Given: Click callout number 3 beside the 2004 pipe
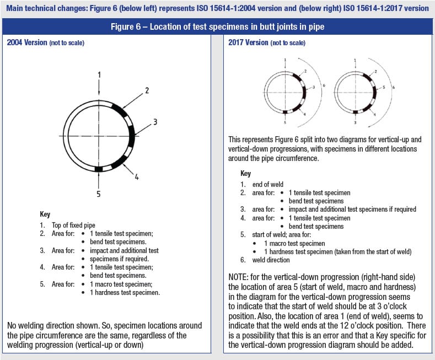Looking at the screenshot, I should (x=155, y=122).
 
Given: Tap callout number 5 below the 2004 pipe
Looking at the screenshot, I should (x=98, y=194).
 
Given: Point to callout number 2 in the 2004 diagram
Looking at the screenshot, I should (x=147, y=90).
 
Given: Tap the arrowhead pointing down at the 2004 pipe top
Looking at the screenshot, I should (x=98, y=93).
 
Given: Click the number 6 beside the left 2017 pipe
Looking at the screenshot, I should (x=324, y=87).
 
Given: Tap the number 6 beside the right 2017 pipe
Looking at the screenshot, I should (x=393, y=87).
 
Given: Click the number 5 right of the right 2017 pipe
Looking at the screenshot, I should (x=384, y=87).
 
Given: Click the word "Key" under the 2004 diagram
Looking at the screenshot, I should (x=45, y=214).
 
